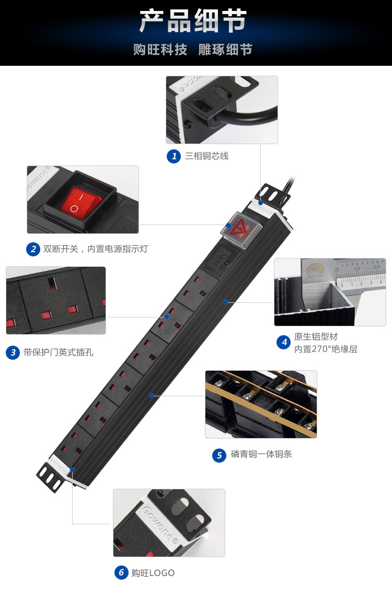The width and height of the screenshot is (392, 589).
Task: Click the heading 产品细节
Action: click(x=193, y=21)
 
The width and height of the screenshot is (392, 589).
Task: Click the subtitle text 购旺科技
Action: click(x=160, y=50)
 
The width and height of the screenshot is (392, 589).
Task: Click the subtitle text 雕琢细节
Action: click(x=225, y=50)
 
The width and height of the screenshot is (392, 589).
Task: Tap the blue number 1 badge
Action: click(x=174, y=156)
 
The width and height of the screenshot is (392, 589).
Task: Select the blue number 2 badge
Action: click(x=33, y=249)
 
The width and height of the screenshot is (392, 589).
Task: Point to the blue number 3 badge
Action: click(x=13, y=352)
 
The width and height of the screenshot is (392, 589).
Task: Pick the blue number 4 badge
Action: click(x=283, y=342)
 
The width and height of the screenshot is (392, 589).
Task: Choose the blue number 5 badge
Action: click(x=219, y=455)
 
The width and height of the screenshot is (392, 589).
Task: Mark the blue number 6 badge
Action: click(x=121, y=573)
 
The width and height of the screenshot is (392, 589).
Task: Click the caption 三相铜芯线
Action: click(x=206, y=156)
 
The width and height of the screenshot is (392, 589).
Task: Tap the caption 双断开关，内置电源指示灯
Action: click(x=96, y=249)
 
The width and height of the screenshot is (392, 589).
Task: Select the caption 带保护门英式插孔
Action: click(x=59, y=352)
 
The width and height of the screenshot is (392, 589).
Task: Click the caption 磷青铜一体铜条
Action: click(x=261, y=455)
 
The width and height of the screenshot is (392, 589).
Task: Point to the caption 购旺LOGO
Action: click(x=153, y=573)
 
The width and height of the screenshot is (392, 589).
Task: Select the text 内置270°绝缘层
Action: click(x=326, y=349)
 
